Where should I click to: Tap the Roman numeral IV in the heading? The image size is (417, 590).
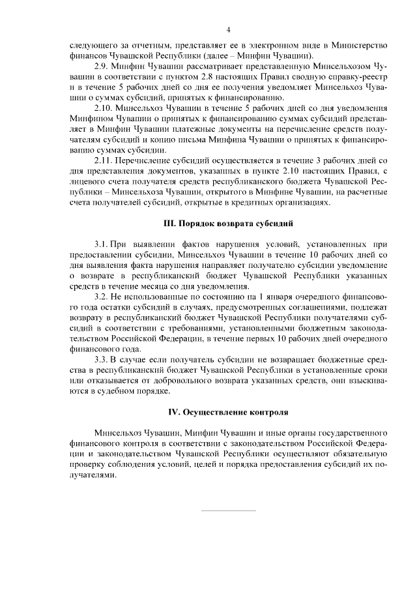click(x=175, y=413)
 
